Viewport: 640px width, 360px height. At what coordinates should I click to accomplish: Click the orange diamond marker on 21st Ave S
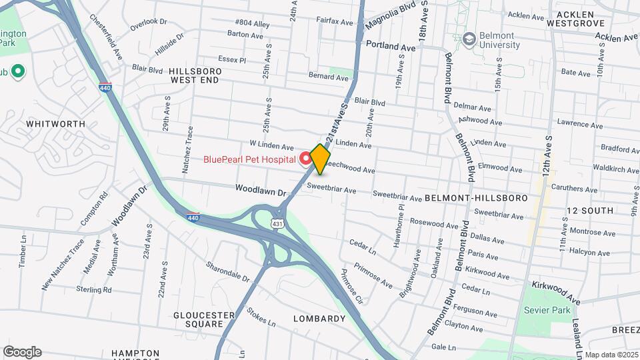tap(321, 159)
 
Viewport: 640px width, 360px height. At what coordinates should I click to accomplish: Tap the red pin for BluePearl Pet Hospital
tap(305, 158)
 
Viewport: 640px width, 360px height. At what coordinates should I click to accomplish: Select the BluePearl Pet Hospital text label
tap(249, 159)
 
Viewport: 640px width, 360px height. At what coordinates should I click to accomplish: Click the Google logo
tap(22, 352)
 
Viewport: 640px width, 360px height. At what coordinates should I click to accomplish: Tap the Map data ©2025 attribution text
tap(611, 355)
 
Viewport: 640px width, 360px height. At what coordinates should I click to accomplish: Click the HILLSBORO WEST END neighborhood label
tap(194, 75)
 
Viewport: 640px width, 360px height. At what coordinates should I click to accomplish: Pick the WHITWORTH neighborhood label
tap(55, 124)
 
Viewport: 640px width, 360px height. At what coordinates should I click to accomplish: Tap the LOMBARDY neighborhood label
tap(319, 319)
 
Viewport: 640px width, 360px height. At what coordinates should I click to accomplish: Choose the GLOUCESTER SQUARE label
tap(199, 319)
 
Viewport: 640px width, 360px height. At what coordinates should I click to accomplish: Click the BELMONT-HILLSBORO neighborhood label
tap(476, 198)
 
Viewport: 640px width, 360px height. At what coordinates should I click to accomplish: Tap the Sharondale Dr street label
tap(227, 271)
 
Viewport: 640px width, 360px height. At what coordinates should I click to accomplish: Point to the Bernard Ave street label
tap(329, 77)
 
